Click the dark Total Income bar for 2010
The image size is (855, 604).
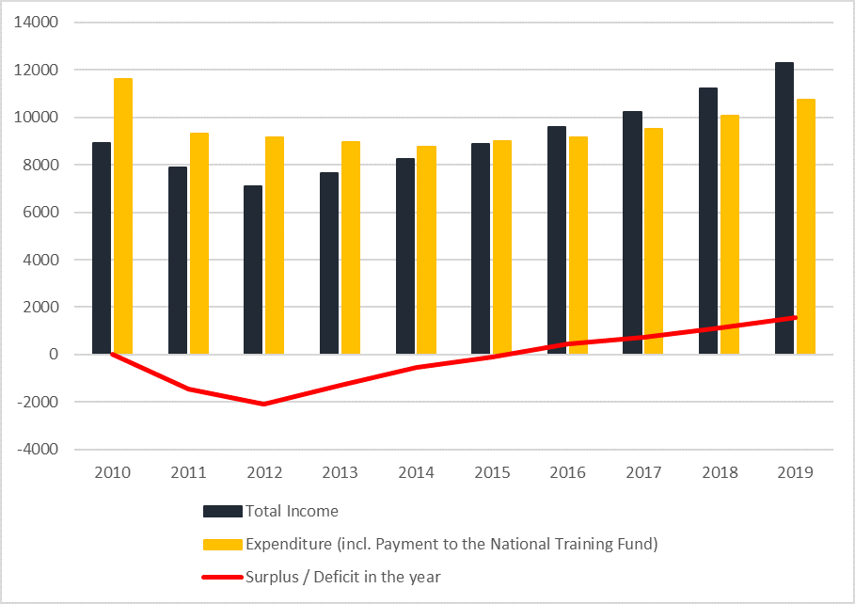pos(102,248)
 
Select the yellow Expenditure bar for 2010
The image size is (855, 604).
pos(123,216)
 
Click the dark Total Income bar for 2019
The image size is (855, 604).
pos(784,208)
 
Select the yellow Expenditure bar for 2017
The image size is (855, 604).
pos(654,241)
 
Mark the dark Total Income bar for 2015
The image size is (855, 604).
pos(481,248)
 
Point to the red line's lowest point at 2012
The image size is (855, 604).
pos(264,405)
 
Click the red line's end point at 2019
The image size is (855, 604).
pos(795,317)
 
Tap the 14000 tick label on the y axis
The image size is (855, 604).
pos(39,23)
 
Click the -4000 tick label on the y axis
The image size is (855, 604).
pos(39,450)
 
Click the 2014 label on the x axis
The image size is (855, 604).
pos(416,472)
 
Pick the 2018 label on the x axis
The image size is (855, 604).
pos(719,472)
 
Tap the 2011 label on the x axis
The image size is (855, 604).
pos(188,472)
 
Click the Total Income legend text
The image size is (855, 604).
pos(292,512)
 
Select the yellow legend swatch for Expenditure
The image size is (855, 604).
pos(223,544)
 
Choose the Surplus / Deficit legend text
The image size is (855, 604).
pos(343,576)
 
